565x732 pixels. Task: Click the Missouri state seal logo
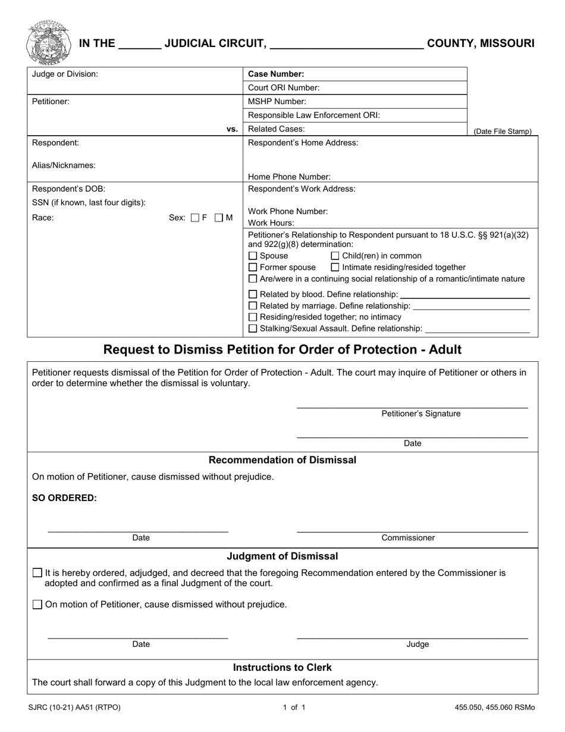(x=48, y=43)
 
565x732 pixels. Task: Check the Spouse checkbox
(x=253, y=256)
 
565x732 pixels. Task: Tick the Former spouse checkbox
(x=253, y=267)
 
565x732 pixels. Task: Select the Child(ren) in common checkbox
(x=335, y=256)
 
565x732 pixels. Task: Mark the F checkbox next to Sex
(x=194, y=218)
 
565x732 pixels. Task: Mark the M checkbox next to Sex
(x=218, y=218)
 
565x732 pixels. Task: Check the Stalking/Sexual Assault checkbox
(x=253, y=329)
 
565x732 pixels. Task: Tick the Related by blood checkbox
(x=253, y=295)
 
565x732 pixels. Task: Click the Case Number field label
(x=276, y=74)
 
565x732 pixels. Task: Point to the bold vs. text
(x=232, y=129)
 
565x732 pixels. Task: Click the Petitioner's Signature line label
(x=420, y=414)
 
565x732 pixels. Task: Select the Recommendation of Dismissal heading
(x=282, y=460)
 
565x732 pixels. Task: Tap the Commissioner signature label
(x=408, y=538)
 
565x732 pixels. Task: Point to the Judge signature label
(x=418, y=645)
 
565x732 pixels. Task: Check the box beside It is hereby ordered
(x=37, y=573)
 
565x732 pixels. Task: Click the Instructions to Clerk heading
(x=282, y=668)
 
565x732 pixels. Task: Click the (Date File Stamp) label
(x=503, y=132)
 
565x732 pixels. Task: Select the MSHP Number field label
(x=277, y=102)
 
